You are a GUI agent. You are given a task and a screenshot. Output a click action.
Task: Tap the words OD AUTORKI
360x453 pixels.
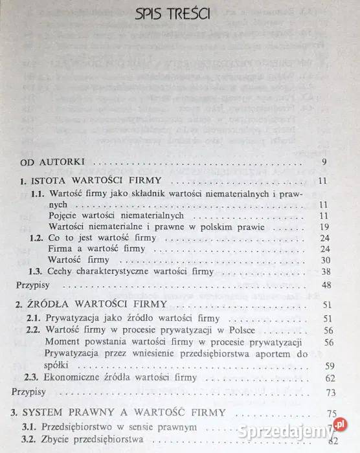[x=43, y=162]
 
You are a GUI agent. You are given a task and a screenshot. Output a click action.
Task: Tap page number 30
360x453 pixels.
[x=325, y=260]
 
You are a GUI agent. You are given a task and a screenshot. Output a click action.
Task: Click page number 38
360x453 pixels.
[x=325, y=272]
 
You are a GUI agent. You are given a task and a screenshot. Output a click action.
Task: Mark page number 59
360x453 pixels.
[x=329, y=366]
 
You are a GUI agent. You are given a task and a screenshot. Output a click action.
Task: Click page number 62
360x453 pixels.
[x=329, y=378]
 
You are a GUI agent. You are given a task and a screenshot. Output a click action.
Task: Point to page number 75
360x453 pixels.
[x=333, y=412]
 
